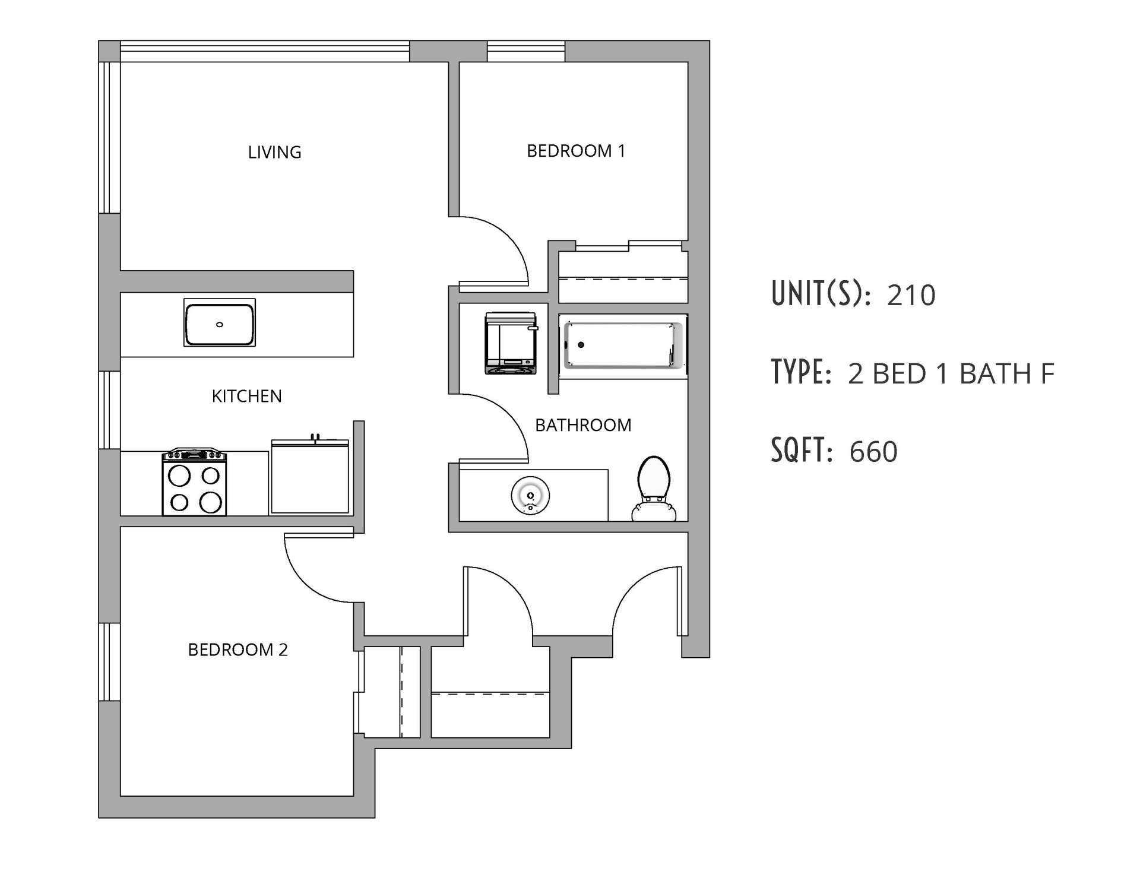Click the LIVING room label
point(274,153)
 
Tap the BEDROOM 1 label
point(575,151)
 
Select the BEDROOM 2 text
point(237,650)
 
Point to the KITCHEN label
point(246,396)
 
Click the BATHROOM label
point(583,425)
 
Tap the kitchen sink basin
point(219,323)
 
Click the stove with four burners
point(194,482)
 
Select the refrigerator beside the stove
point(309,477)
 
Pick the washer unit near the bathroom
point(511,344)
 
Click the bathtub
point(623,344)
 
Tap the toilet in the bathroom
point(654,488)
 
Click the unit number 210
point(911,295)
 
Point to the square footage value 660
point(873,452)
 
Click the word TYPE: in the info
point(800,373)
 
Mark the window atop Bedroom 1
point(525,51)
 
